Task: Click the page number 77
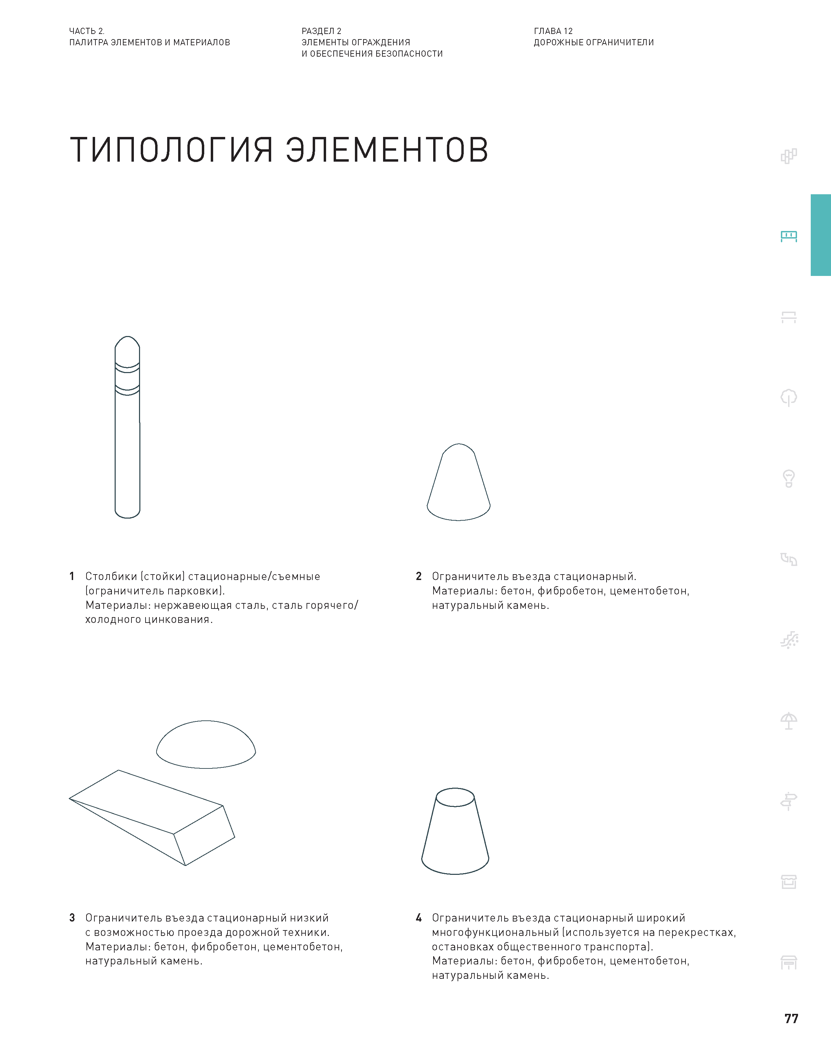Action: pos(791,1019)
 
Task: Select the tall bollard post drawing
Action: pos(127,438)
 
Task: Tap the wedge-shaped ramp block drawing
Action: pos(156,817)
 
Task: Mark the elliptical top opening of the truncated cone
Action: pos(455,797)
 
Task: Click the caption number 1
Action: pos(72,576)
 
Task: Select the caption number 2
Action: pos(418,576)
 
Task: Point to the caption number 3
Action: pos(72,918)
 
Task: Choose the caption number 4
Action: pos(418,918)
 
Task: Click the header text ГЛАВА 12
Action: pos(553,31)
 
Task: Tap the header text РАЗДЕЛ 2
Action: pos(321,31)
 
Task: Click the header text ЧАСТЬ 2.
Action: pos(86,31)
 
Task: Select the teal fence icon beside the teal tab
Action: pos(789,236)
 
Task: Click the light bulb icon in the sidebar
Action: pos(789,478)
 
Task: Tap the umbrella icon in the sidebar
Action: pos(789,721)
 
